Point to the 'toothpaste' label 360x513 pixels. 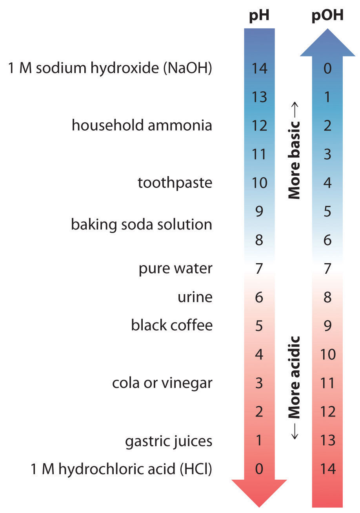click(175, 183)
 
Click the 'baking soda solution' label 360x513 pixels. click(142, 225)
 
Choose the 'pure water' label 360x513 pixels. click(176, 269)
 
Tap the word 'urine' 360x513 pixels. click(195, 297)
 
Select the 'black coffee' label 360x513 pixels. click(172, 326)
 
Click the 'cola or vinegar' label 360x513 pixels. click(162, 383)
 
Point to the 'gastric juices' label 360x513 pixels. click(169, 441)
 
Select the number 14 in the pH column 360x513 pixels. click(259, 69)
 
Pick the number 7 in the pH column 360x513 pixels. click(259, 269)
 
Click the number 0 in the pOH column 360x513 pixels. click(327, 69)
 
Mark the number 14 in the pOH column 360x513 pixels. click(327, 469)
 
